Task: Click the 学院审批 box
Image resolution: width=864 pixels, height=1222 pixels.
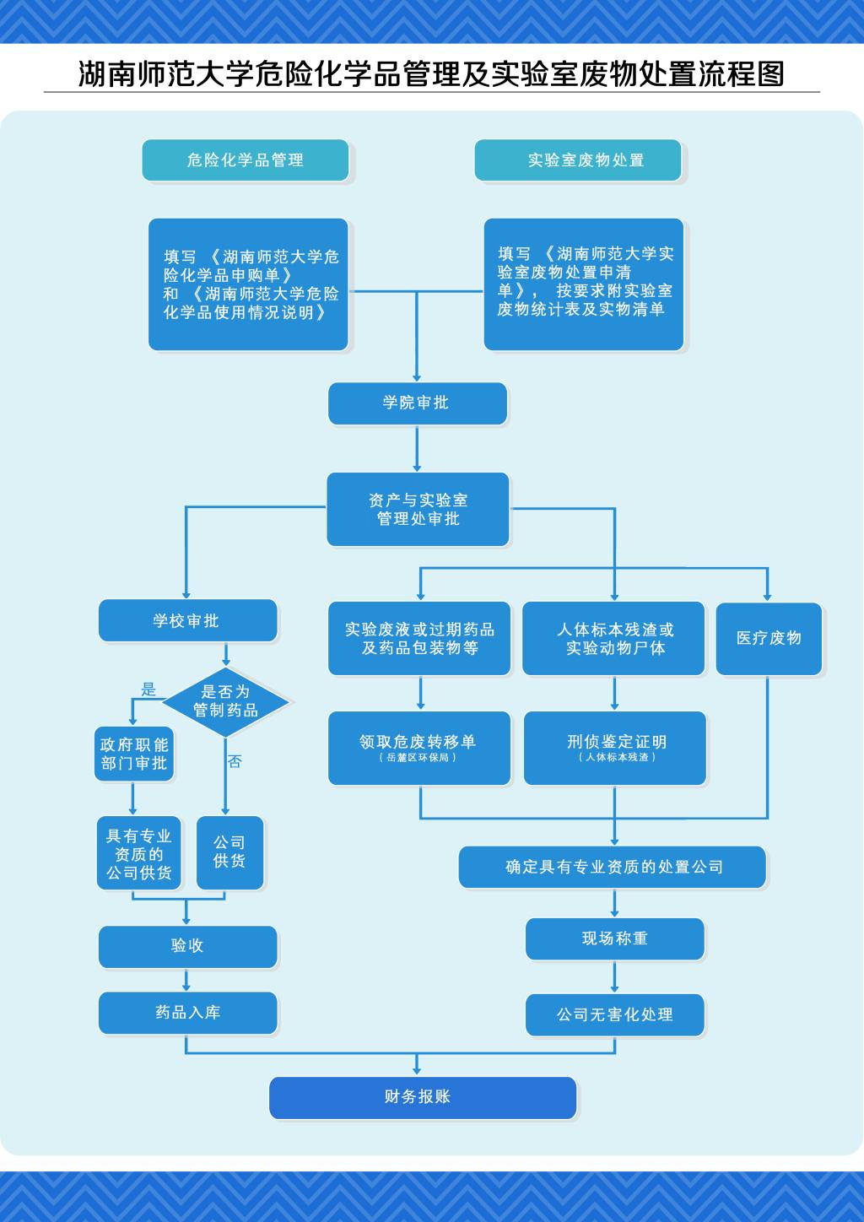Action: (x=417, y=403)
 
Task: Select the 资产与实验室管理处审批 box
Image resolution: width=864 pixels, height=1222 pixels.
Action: (x=418, y=509)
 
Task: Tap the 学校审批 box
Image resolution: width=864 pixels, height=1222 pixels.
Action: (x=187, y=620)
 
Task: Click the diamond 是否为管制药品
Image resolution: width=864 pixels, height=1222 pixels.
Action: (x=225, y=701)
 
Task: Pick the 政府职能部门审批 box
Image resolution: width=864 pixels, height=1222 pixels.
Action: (x=133, y=754)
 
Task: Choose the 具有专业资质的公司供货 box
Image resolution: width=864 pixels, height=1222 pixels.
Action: (x=138, y=853)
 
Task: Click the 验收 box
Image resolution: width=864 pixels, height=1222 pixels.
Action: (x=187, y=946)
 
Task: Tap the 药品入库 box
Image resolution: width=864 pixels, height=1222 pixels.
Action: (x=187, y=1013)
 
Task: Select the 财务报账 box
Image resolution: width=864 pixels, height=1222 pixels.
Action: (x=422, y=1097)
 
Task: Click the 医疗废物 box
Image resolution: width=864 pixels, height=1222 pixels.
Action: (x=768, y=638)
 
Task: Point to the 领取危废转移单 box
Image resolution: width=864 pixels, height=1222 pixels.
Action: (x=418, y=747)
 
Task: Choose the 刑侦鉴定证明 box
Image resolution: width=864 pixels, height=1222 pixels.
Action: (x=615, y=747)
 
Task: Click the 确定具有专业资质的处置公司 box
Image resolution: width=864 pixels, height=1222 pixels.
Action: (x=613, y=867)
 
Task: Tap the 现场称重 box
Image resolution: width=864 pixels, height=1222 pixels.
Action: (x=614, y=938)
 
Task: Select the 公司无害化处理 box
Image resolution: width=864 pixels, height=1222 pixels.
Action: (x=614, y=1014)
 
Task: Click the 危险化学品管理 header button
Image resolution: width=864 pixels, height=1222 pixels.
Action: (x=245, y=160)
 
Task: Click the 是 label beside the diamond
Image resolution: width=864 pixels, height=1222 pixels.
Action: (x=148, y=689)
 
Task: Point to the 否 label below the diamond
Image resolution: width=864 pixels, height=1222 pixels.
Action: (x=235, y=761)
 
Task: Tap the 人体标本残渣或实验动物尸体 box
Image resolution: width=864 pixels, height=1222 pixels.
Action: (x=613, y=638)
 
